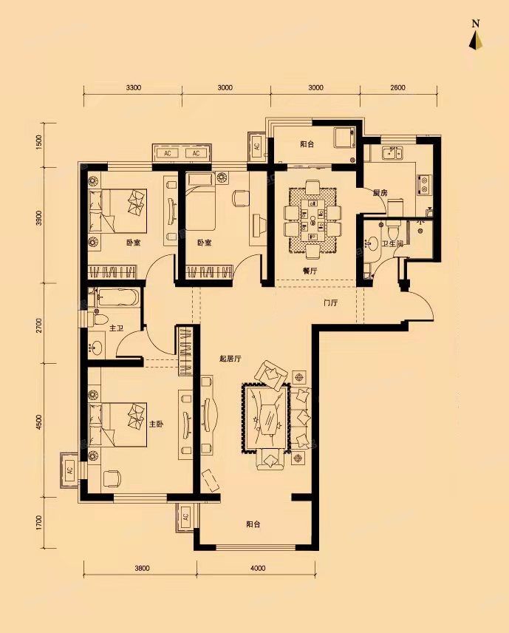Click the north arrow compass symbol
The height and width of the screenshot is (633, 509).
(476, 41)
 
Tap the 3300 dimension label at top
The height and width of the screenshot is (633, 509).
(133, 87)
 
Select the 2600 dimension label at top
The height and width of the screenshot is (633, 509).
(397, 87)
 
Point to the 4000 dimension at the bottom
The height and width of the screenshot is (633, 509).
(258, 568)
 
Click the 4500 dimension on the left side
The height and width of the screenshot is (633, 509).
(39, 422)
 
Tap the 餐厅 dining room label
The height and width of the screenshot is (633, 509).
(310, 271)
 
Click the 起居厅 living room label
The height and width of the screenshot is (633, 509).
(230, 358)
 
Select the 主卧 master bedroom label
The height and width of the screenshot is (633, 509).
(157, 424)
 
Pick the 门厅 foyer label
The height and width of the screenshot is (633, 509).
(330, 302)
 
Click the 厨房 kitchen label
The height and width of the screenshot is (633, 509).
(380, 193)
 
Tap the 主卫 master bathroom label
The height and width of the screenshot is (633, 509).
(116, 328)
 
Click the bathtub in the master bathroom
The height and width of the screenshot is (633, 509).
(117, 298)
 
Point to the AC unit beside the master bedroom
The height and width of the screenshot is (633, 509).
(69, 470)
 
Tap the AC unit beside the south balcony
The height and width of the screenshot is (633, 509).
(185, 517)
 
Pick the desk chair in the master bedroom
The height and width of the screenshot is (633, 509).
(112, 478)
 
